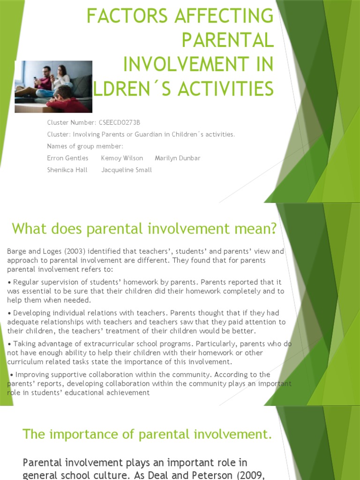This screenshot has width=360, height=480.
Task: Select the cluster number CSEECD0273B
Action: pyautogui.click(x=120, y=123)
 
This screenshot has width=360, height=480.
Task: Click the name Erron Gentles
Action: pyautogui.click(x=67, y=158)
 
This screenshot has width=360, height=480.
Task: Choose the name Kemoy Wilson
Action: pyautogui.click(x=122, y=158)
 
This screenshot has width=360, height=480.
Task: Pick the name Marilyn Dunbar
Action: pyautogui.click(x=177, y=158)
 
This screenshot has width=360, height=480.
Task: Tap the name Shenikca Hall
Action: pyautogui.click(x=67, y=170)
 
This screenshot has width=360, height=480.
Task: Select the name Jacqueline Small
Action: pyautogui.click(x=127, y=170)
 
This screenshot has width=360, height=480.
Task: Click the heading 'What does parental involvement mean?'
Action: pyautogui.click(x=144, y=229)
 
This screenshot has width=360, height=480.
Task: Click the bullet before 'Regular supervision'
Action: pyautogui.click(x=9, y=282)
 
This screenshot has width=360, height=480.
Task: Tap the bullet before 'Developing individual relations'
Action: pyautogui.click(x=9, y=313)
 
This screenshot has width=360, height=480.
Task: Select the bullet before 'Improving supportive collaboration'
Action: pyautogui.click(x=12, y=375)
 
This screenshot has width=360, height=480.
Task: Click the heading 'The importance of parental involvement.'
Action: pyautogui.click(x=147, y=434)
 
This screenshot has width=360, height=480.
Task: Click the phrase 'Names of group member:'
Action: pyautogui.click(x=85, y=146)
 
